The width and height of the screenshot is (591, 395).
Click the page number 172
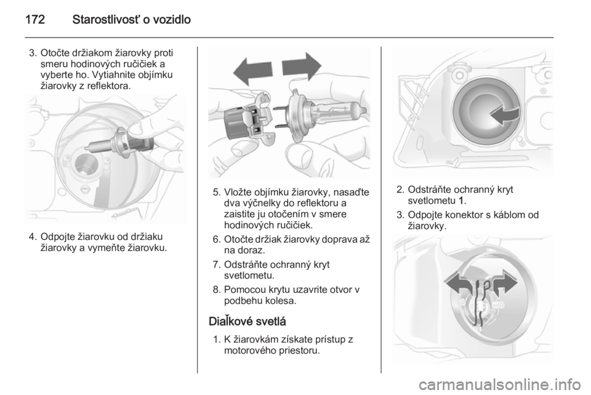pyautogui.click(x=35, y=19)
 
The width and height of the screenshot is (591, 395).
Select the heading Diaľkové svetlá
pyautogui.click(x=247, y=321)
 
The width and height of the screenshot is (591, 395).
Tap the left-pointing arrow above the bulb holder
pyautogui.click(x=252, y=71)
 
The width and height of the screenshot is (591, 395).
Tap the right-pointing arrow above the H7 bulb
pyautogui.click(x=302, y=66)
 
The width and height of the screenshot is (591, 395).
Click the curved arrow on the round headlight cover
pyautogui.click(x=504, y=115)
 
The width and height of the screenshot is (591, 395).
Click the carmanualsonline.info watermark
pyautogui.click(x=501, y=385)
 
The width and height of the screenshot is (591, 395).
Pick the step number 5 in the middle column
pyautogui.click(x=216, y=193)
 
